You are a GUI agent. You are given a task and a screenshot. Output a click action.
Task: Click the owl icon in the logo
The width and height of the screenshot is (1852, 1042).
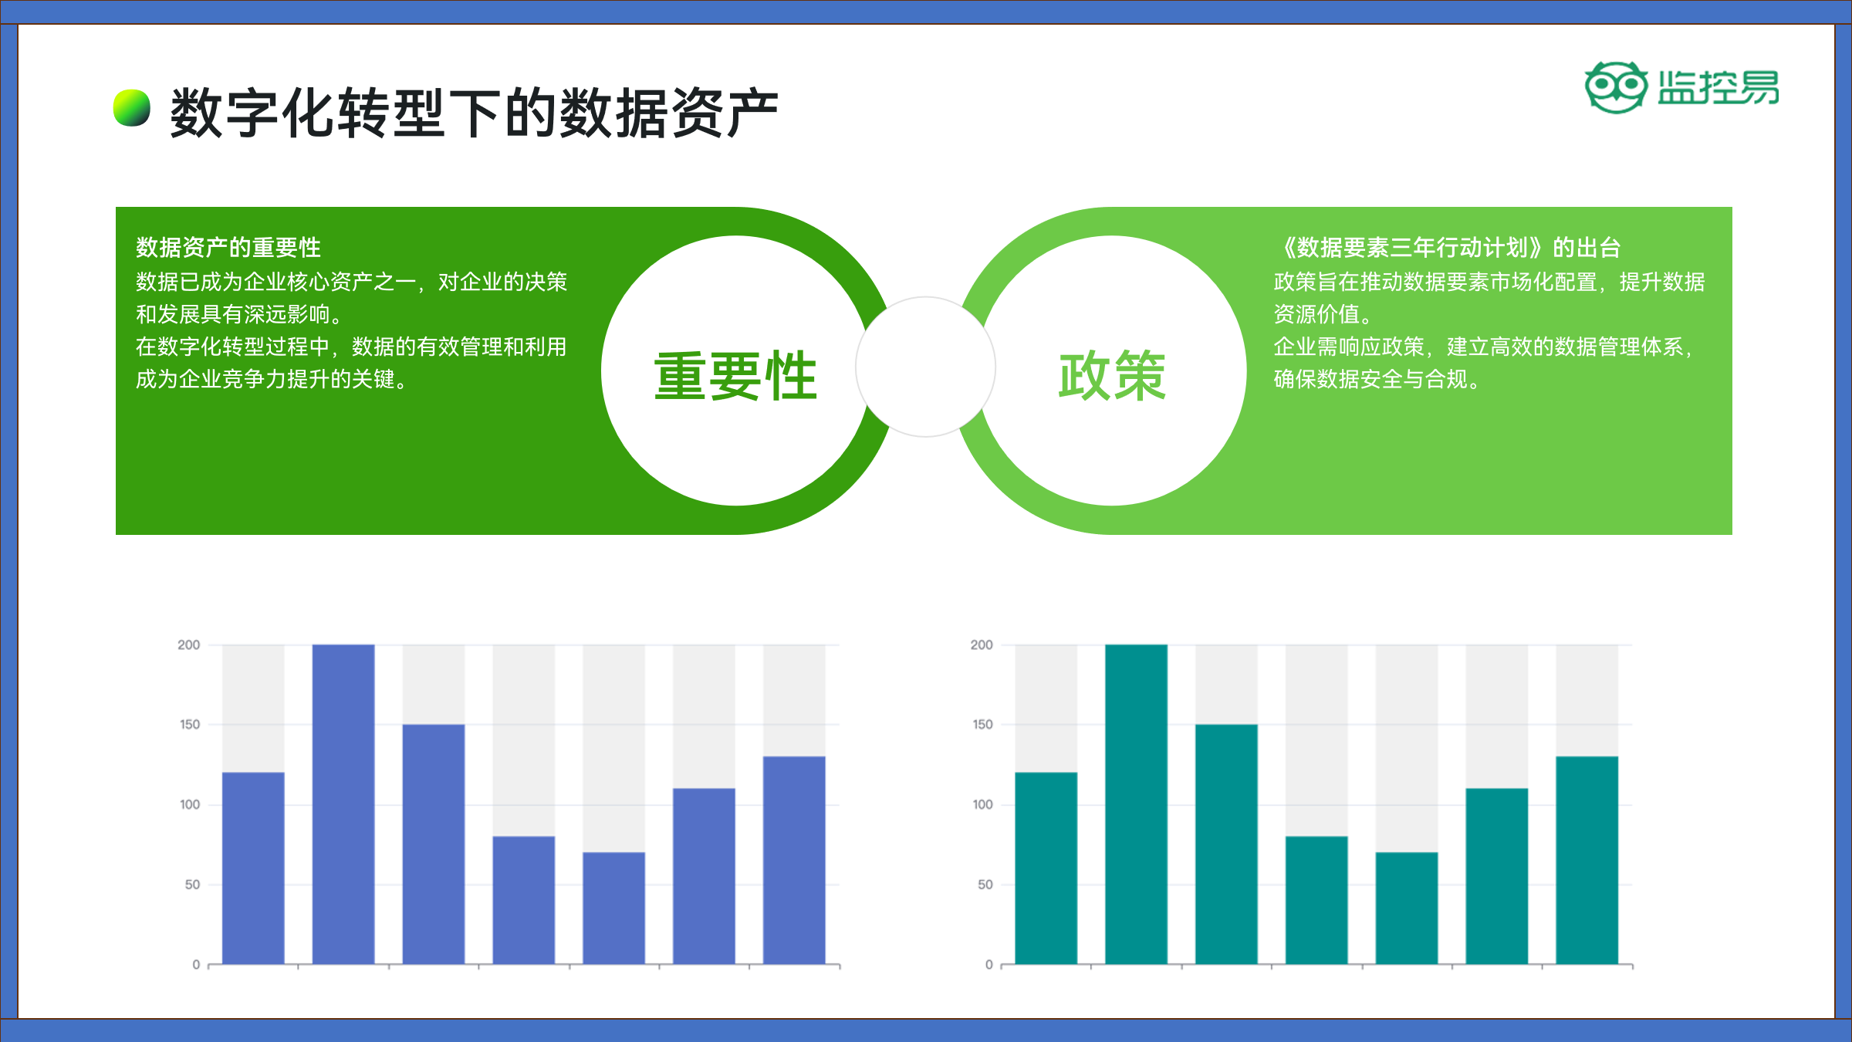coord(1616,87)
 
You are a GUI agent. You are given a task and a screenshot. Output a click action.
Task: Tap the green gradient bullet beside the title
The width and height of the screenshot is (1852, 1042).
coord(132,108)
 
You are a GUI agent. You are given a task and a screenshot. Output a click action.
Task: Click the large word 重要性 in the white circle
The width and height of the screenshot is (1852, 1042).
coord(735,376)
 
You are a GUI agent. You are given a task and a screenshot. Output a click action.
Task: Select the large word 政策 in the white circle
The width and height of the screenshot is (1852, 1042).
coord(1112,376)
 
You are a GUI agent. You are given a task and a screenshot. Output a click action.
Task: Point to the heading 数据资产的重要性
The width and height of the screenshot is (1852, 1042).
coord(228,248)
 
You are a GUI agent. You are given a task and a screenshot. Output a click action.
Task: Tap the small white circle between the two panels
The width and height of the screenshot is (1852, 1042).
coord(925,367)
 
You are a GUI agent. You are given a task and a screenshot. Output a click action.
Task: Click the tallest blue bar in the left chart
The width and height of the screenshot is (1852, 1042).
coord(343,804)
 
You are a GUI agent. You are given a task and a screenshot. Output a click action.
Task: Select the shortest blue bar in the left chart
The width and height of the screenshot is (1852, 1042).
coord(613,908)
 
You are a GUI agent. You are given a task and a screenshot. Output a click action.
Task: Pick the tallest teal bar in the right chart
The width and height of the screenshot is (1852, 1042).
coord(1136,804)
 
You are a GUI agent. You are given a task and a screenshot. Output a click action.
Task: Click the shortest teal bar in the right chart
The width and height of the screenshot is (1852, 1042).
coord(1407,908)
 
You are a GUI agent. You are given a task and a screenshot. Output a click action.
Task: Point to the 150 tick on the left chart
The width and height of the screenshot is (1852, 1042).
coord(190,725)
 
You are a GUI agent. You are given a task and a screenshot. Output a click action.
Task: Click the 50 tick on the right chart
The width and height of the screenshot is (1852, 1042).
coord(985,885)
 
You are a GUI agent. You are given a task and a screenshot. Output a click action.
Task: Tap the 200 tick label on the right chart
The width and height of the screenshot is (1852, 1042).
coord(982,644)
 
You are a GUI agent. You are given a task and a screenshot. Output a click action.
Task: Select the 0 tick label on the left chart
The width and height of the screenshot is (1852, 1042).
coord(196,965)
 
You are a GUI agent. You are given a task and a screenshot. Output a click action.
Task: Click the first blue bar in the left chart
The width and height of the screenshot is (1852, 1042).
coord(253,868)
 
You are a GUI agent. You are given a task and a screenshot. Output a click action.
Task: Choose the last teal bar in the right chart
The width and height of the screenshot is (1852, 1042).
coord(1587,861)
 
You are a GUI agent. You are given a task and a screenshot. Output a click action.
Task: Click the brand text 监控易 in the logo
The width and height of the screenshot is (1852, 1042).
coord(1719,87)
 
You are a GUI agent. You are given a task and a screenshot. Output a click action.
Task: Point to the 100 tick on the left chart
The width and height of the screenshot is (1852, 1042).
coord(190,804)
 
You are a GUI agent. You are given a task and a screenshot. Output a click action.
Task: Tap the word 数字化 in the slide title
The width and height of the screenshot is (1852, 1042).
coord(253,113)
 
